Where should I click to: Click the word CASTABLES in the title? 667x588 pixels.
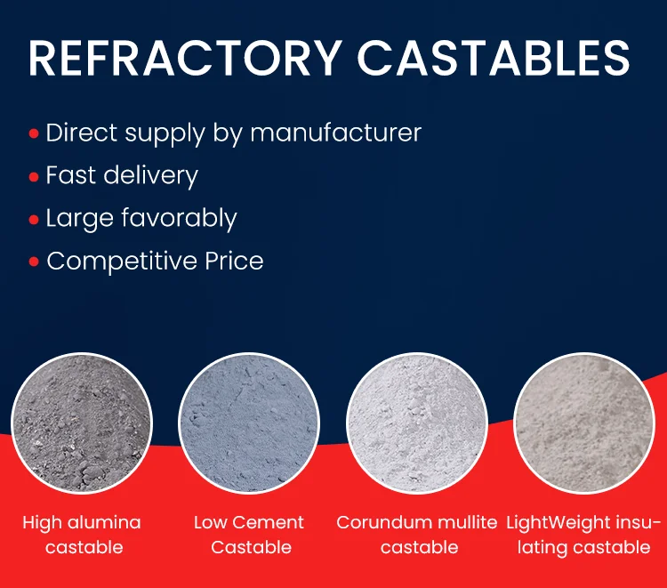pos(494,58)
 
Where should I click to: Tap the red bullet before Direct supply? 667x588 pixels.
pos(34,134)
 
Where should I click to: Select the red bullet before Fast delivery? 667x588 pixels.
pos(34,177)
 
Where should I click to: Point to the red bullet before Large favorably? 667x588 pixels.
pos(34,220)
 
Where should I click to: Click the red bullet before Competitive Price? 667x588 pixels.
pos(34,262)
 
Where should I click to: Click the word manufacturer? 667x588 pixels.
pos(335,133)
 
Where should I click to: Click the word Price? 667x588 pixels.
pos(234,262)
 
